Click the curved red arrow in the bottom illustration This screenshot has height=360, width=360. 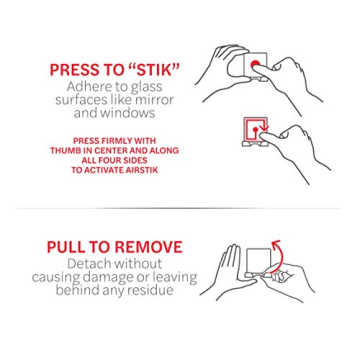click(x=275, y=243)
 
